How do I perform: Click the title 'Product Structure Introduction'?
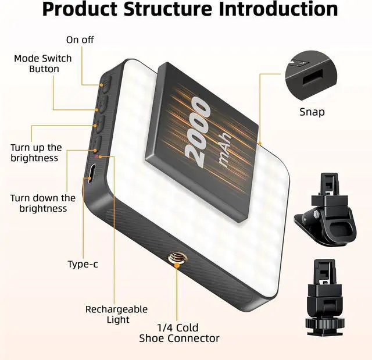[x=189, y=10]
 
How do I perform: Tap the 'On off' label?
[x=80, y=40]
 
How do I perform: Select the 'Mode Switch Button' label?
[x=44, y=64]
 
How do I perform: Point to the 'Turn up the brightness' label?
[x=35, y=153]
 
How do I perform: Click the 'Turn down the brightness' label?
[x=42, y=204]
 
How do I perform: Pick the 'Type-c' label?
[x=83, y=265]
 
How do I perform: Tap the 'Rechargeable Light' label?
[x=116, y=315]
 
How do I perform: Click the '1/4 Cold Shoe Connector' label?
[x=178, y=333]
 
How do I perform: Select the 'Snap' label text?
[x=312, y=112]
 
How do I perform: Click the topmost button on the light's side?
[x=105, y=85]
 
